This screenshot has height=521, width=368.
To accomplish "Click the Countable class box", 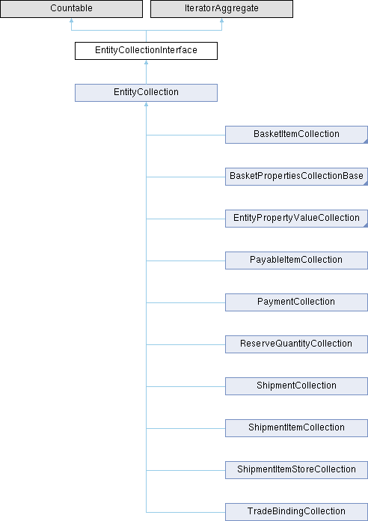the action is (x=71, y=9).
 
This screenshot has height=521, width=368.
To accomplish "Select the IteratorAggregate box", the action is (x=221, y=9).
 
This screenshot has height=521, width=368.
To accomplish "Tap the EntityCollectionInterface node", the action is (x=146, y=51).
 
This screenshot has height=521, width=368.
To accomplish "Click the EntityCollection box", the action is (x=146, y=93).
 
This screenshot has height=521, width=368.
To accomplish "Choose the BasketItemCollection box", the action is (x=296, y=135).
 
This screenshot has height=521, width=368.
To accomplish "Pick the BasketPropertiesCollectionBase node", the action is (x=296, y=177).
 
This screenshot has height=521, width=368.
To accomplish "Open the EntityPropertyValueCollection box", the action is (x=296, y=219).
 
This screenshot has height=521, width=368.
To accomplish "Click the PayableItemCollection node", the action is (x=296, y=260).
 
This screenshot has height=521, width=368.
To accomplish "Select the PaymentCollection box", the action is (x=296, y=302).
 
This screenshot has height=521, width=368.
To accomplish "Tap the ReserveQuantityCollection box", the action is (x=296, y=344).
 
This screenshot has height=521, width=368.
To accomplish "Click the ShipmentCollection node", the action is (x=296, y=386).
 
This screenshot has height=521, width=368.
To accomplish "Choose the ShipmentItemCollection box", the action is (x=296, y=427).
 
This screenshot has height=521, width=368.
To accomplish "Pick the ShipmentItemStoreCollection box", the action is (x=296, y=469).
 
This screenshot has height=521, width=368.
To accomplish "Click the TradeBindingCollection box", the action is (x=296, y=511).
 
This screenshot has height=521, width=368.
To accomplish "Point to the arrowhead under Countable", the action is (x=71, y=20).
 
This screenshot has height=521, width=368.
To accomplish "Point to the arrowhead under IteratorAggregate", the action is (x=221, y=20).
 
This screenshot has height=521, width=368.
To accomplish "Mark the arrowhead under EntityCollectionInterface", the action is (x=146, y=62).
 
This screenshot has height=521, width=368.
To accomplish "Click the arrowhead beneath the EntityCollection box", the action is (x=146, y=104).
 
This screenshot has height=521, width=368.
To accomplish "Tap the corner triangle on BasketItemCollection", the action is (x=366, y=142).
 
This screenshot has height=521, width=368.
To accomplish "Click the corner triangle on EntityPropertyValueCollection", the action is (x=366, y=225).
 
